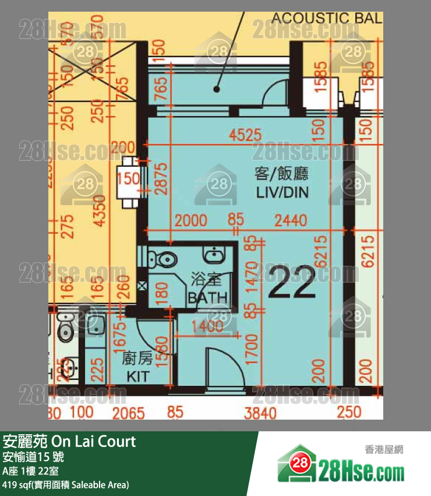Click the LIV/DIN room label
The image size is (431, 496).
coord(282,182)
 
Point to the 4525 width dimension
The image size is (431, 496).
coord(246,136)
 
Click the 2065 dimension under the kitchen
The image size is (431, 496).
coord(129,413)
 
